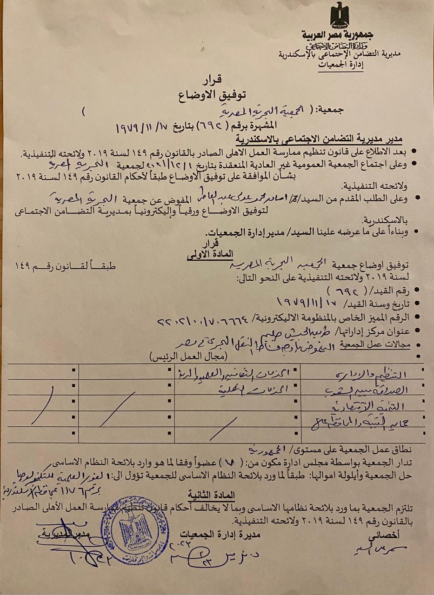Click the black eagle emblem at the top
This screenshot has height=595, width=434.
pos(339,15)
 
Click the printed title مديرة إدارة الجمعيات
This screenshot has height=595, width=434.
pos(221,535)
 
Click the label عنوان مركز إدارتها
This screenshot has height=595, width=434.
pos(378,332)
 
